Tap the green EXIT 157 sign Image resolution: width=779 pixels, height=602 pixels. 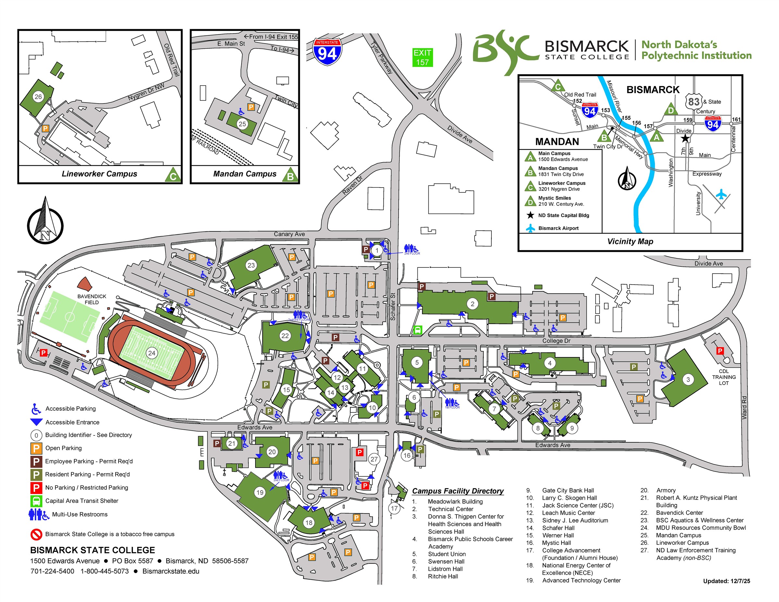pos(422,57)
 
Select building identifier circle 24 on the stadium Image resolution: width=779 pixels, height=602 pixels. pos(152,353)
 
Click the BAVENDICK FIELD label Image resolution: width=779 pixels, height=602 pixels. pos(92,299)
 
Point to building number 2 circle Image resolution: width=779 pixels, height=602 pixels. pos(472,304)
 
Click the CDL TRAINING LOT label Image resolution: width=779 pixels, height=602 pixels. pos(723,377)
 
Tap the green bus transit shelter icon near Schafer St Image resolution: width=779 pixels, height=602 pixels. pos(417,330)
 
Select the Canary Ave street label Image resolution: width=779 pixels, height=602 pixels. pos(289,234)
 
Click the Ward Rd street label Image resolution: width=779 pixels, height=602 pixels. pos(744,407)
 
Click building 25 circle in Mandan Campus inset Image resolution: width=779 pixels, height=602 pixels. pos(242,124)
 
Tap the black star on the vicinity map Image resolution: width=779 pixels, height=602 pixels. pos(685,138)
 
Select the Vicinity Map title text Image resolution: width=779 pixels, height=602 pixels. pos(630,241)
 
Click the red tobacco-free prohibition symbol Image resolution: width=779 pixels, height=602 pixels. pos(36,534)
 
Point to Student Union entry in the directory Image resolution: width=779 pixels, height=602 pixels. pos(447,554)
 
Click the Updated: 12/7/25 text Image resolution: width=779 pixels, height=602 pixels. pos(726,581)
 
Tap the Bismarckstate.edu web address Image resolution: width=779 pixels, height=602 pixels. pos(171,571)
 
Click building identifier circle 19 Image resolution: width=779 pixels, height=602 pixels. pos(260,493)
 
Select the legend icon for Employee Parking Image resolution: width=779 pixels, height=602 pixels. pos(36,461)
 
